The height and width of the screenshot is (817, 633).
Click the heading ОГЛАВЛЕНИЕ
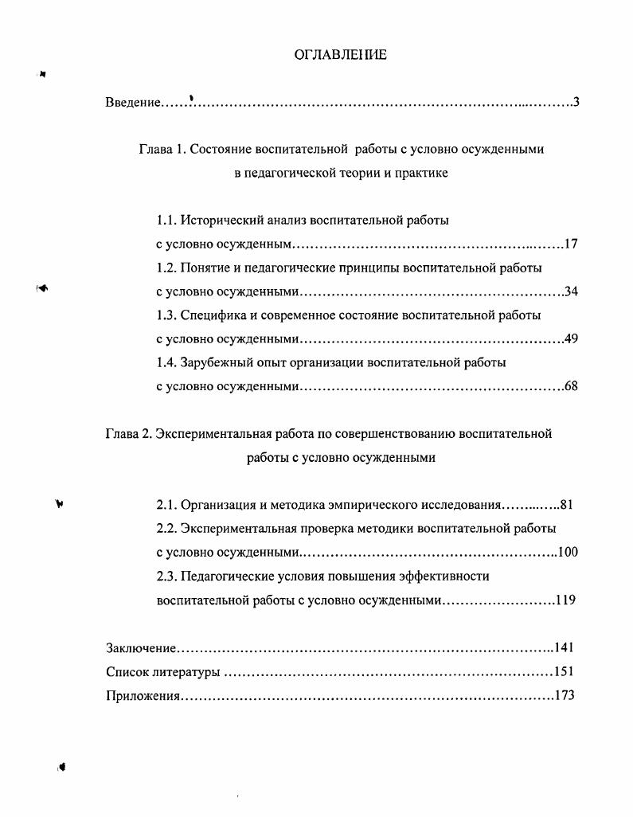click(x=340, y=55)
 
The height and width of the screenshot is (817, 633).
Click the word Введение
click(x=132, y=103)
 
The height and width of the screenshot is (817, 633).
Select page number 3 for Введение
click(x=575, y=103)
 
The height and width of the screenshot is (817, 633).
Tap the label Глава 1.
click(x=162, y=149)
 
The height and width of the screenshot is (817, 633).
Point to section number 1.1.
click(x=166, y=220)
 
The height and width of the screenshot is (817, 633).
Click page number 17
click(x=570, y=244)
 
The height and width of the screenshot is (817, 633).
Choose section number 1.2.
click(x=166, y=268)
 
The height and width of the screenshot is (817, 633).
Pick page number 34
click(x=570, y=291)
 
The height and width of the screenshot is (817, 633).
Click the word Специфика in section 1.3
click(x=209, y=315)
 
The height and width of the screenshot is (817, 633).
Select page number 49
click(x=570, y=339)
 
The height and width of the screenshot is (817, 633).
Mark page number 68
click(x=570, y=387)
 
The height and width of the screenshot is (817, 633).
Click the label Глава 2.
click(x=128, y=434)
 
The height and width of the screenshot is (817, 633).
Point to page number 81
click(x=566, y=505)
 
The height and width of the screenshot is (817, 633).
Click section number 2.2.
click(x=166, y=529)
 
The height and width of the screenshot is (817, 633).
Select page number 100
click(x=567, y=553)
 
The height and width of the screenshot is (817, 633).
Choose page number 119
click(x=565, y=600)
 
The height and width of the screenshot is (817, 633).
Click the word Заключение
click(x=141, y=648)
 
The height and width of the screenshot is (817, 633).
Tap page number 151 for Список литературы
click(x=564, y=672)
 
